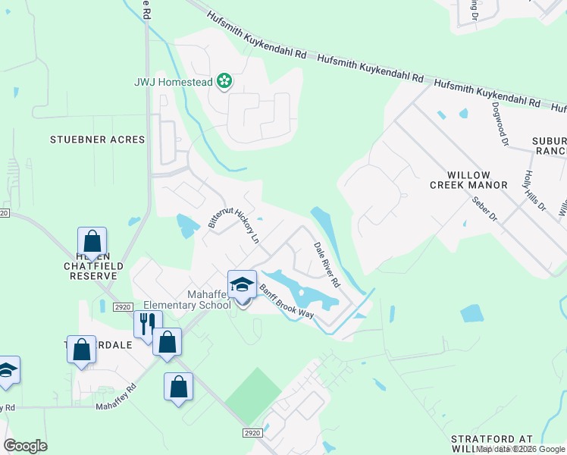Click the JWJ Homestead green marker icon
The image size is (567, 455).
[x=224, y=80]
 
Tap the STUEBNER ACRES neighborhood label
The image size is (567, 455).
[x=97, y=140]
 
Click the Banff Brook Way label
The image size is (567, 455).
[x=287, y=301]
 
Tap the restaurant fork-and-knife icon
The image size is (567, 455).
[x=147, y=324]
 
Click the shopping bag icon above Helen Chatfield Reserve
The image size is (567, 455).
[x=92, y=242]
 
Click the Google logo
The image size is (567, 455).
[x=26, y=446]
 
